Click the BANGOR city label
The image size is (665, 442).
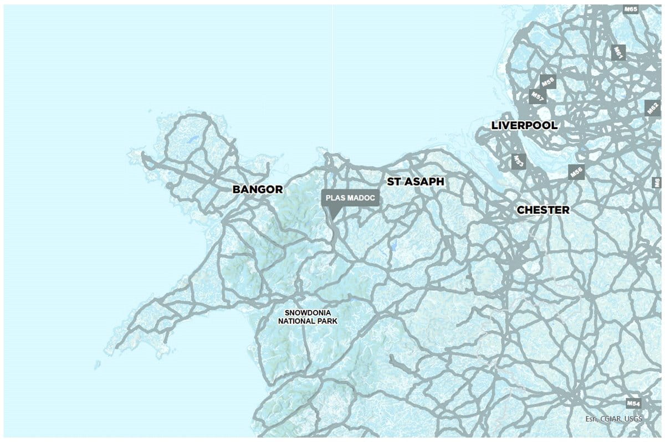pyautogui.click(x=257, y=189)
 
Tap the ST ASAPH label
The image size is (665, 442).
pyautogui.click(x=416, y=182)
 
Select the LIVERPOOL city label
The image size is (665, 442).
pyautogui.click(x=524, y=126)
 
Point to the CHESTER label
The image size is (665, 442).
pyautogui.click(x=543, y=210)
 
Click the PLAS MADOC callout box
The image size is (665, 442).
pyautogui.click(x=351, y=198)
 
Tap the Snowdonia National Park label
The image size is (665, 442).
pyautogui.click(x=308, y=316)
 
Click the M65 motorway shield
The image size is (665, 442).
pyautogui.click(x=631, y=9)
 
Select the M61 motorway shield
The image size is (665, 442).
pyautogui.click(x=618, y=53)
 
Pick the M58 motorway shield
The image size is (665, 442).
pyautogui.click(x=548, y=82)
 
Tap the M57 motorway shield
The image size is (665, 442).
pyautogui.click(x=536, y=96)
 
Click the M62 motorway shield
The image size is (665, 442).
pyautogui.click(x=652, y=107)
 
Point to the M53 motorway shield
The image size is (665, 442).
pyautogui.click(x=518, y=161)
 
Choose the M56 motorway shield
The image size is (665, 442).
pyautogui.click(x=576, y=172)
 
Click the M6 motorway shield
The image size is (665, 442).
pyautogui.click(x=657, y=182)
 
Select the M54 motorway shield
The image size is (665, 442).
pyautogui.click(x=633, y=403)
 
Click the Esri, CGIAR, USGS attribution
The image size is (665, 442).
pyautogui.click(x=614, y=419)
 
